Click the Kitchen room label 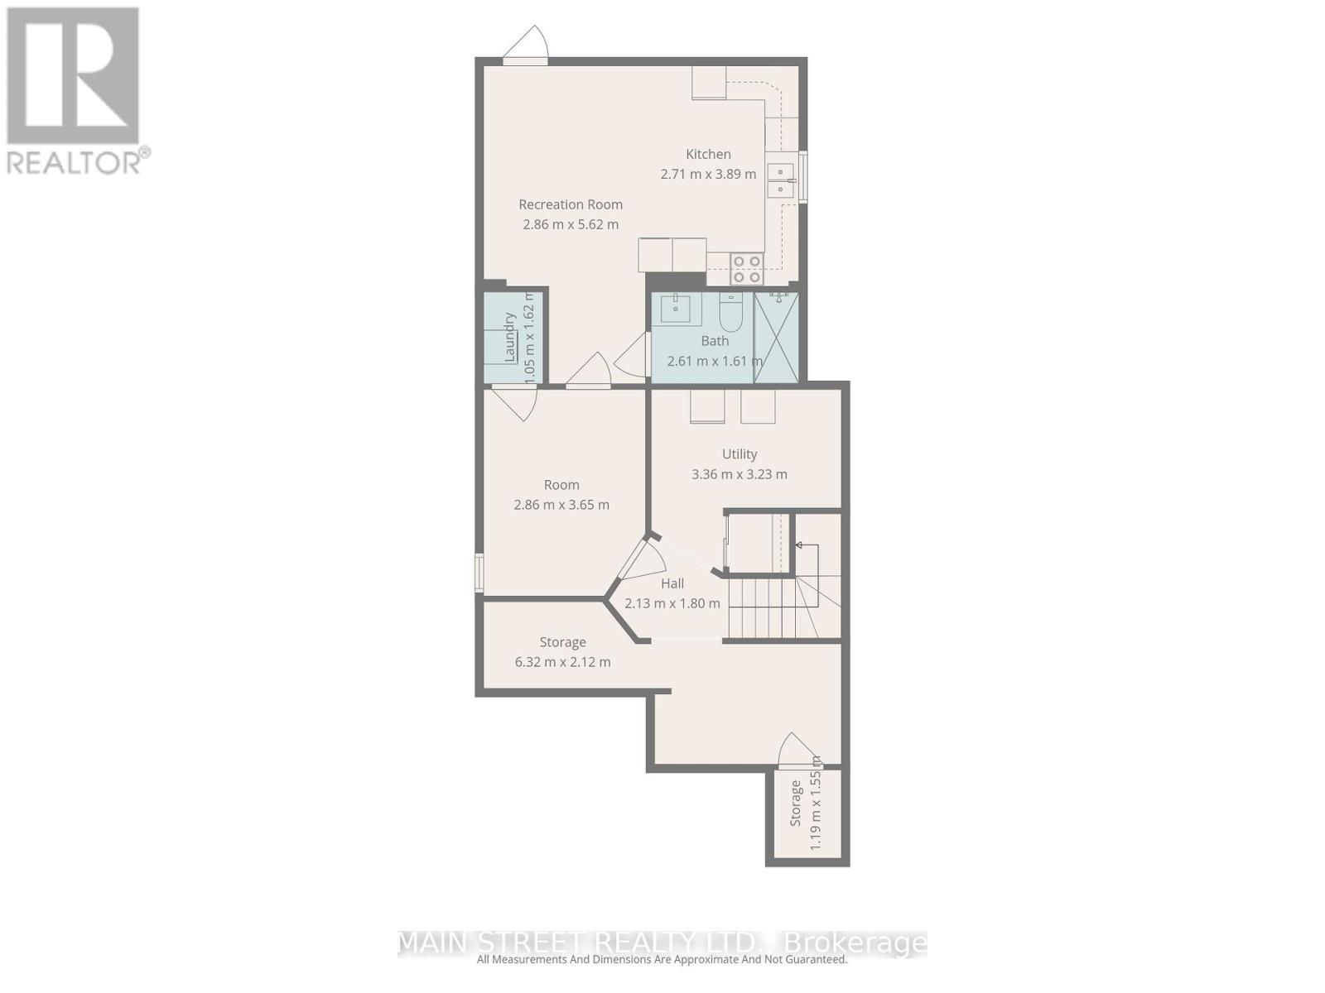click(x=708, y=154)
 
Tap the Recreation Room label click(x=571, y=204)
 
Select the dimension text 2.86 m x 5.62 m click(x=571, y=224)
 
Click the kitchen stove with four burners click(x=746, y=269)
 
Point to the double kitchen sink click(x=779, y=180)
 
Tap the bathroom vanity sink click(x=681, y=309)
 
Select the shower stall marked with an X click(x=776, y=337)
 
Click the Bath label click(x=715, y=341)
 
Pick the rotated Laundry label click(x=510, y=336)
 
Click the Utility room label click(x=740, y=454)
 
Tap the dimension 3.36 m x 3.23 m click(x=740, y=474)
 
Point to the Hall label click(x=672, y=583)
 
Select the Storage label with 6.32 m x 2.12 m click(x=563, y=642)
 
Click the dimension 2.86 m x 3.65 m click(x=561, y=505)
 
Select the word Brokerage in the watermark click(x=855, y=943)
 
